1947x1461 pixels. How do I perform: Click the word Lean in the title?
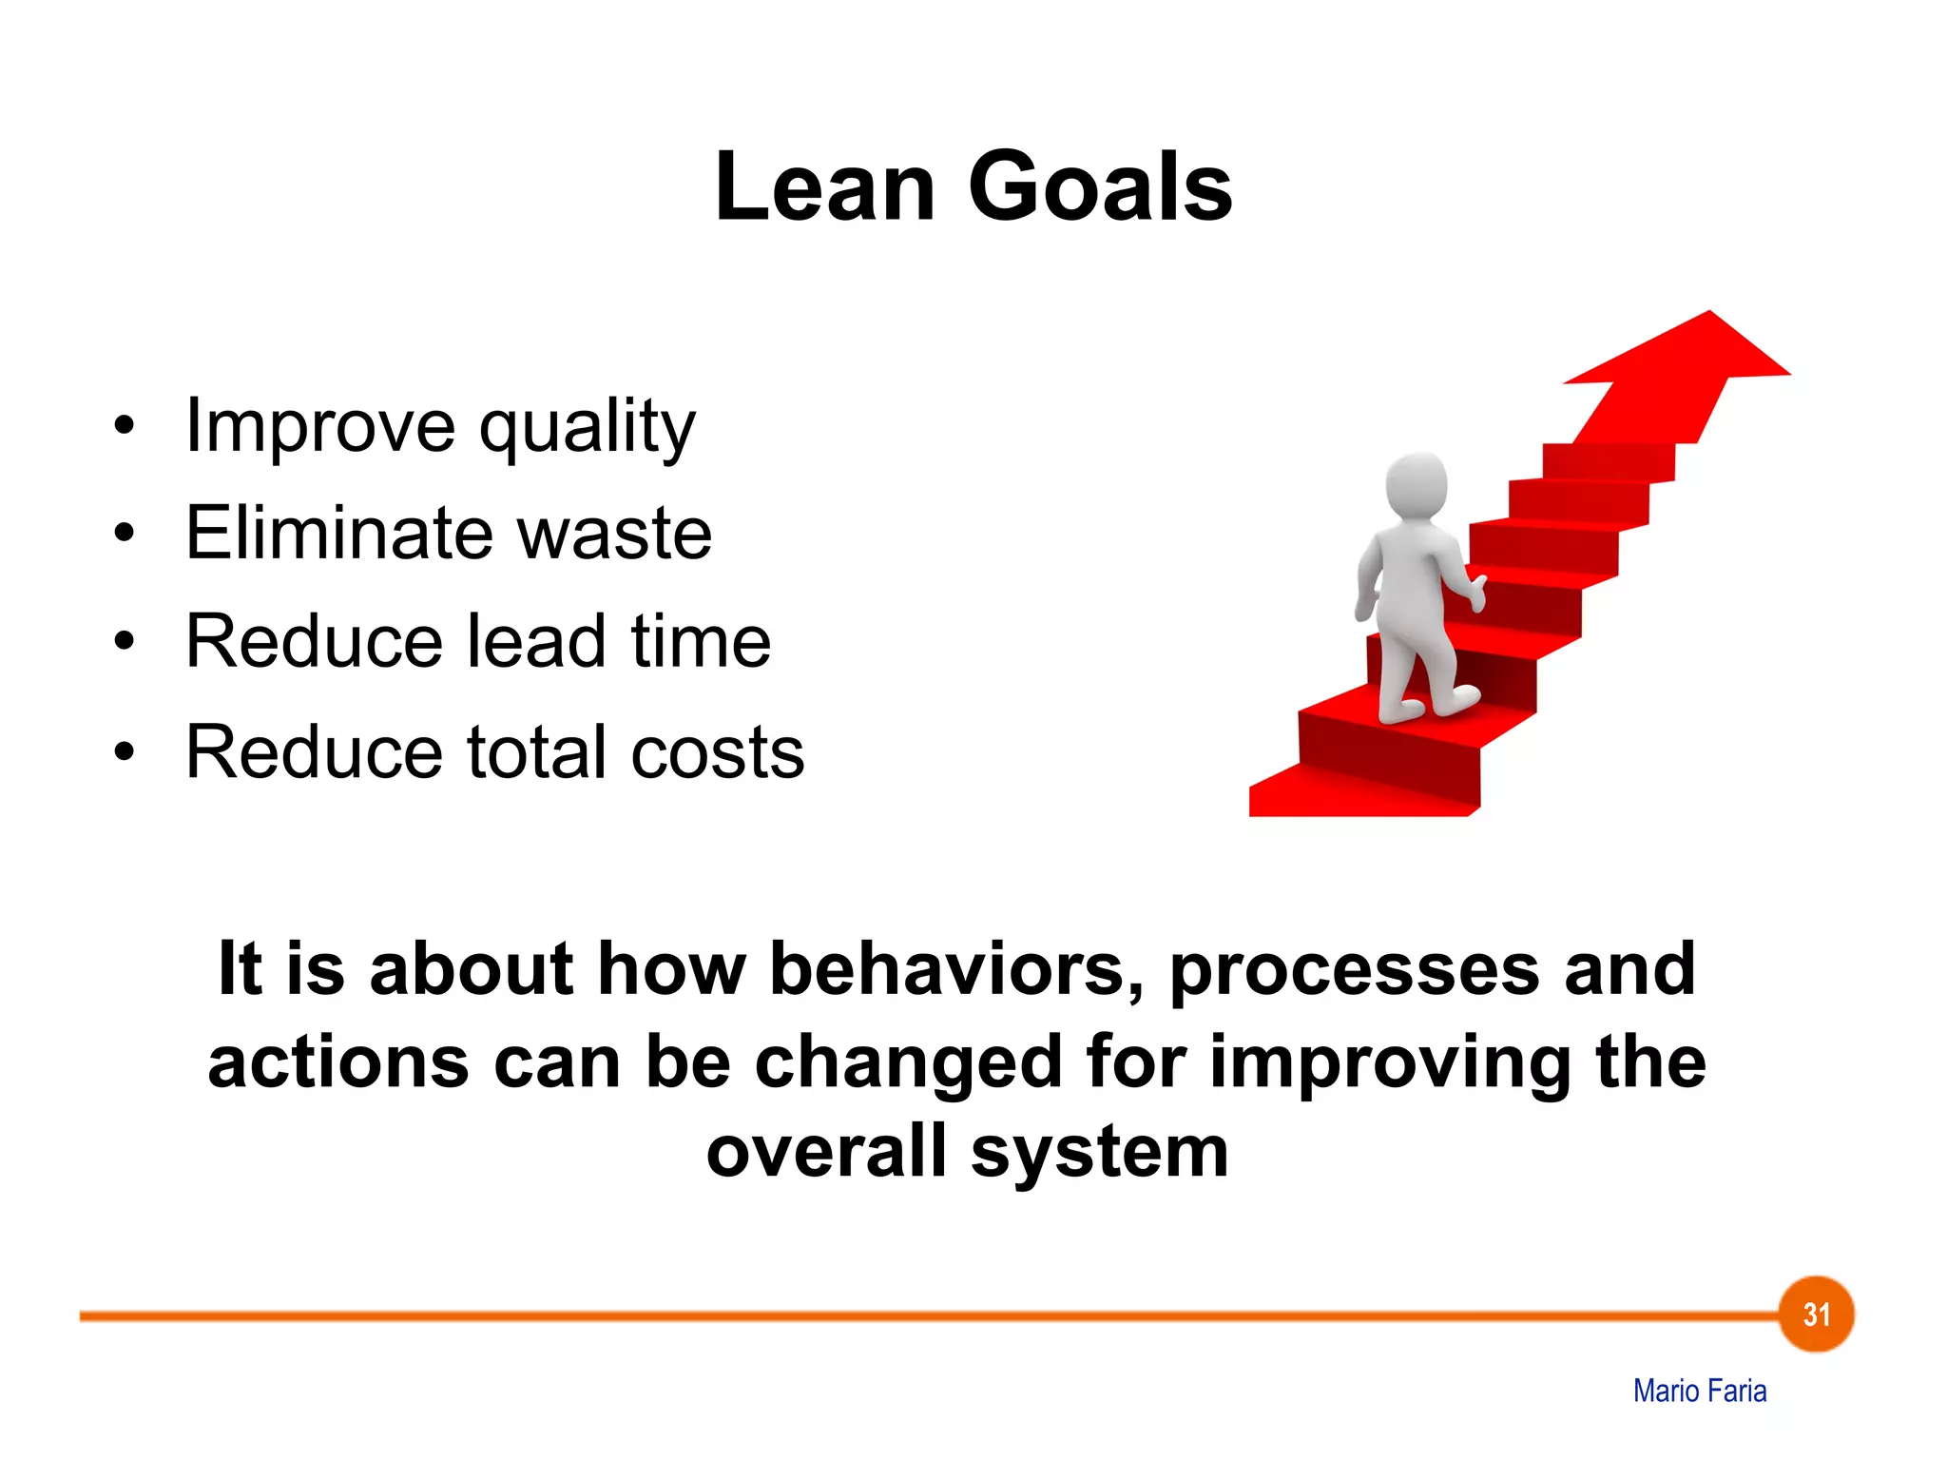[824, 187]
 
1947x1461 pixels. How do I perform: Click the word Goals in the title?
[1100, 187]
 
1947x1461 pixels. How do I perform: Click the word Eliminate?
[337, 534]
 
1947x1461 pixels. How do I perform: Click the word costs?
[718, 752]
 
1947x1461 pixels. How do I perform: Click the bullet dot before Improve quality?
[124, 426]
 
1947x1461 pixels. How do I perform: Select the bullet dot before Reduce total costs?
[124, 752]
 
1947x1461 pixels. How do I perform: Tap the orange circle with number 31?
[1816, 1315]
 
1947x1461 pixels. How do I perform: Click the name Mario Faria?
[1700, 1391]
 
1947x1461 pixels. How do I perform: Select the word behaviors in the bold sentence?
[956, 969]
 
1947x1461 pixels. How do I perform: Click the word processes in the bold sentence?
[1354, 969]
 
